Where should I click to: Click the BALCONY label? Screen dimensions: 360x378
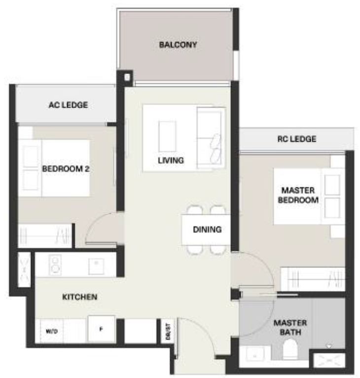(x=178, y=45)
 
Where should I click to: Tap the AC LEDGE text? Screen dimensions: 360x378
(x=68, y=105)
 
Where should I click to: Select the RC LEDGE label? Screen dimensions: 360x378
(x=296, y=139)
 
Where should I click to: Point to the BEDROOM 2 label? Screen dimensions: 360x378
(x=66, y=169)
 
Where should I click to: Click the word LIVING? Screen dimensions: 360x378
(x=171, y=160)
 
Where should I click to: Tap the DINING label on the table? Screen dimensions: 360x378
(x=207, y=229)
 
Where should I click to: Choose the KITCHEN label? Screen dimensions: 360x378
(x=80, y=297)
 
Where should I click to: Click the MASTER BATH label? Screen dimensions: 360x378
(x=290, y=327)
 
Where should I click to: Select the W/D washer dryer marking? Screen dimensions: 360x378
(x=52, y=332)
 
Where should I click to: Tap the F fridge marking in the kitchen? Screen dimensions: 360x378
(x=101, y=329)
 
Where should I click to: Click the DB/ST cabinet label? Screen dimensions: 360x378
(x=168, y=332)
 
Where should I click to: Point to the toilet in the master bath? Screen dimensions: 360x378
(x=290, y=348)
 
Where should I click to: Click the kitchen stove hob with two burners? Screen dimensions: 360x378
(x=55, y=265)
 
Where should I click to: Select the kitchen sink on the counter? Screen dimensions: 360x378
(x=96, y=266)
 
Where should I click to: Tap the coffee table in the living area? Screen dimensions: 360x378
(x=167, y=137)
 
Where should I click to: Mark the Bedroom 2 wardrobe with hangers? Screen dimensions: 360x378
(x=45, y=236)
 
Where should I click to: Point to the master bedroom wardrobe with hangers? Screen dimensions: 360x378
(x=313, y=279)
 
